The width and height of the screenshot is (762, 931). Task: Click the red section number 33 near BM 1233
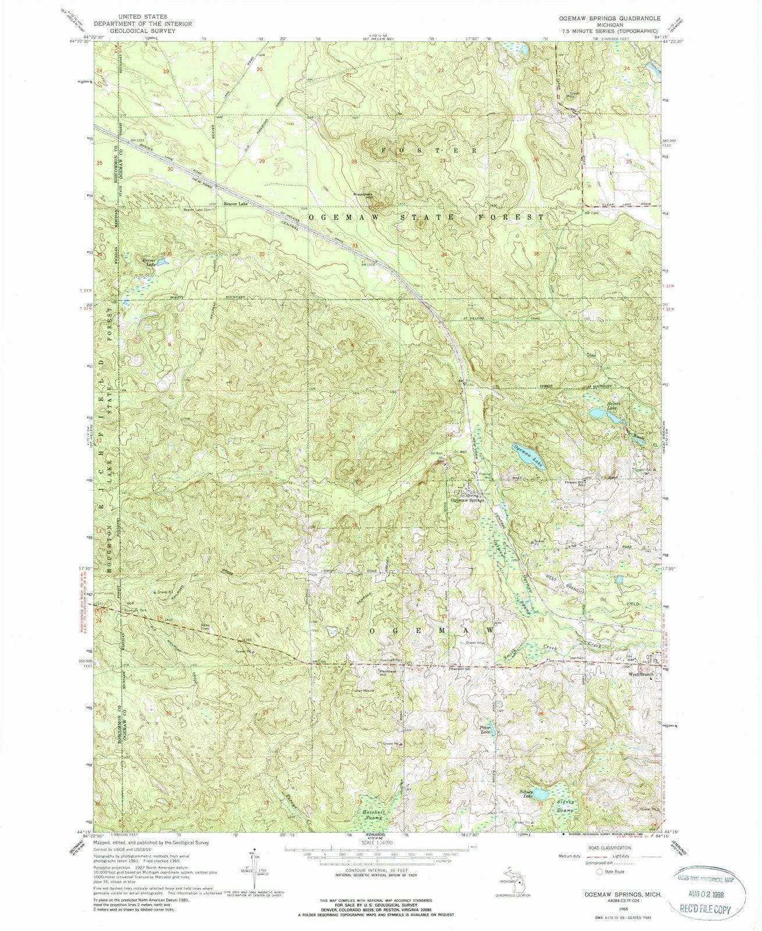click(x=354, y=246)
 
